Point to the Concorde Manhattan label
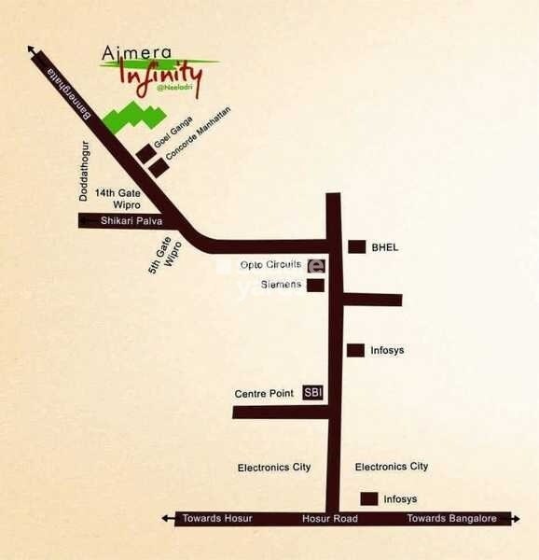pyautogui.click(x=197, y=139)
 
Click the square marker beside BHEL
pyautogui.click(x=356, y=247)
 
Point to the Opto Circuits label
pyautogui.click(x=270, y=264)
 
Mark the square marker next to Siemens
pyautogui.click(x=316, y=285)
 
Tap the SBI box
pyautogui.click(x=313, y=393)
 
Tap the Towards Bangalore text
pyautogui.click(x=451, y=519)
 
